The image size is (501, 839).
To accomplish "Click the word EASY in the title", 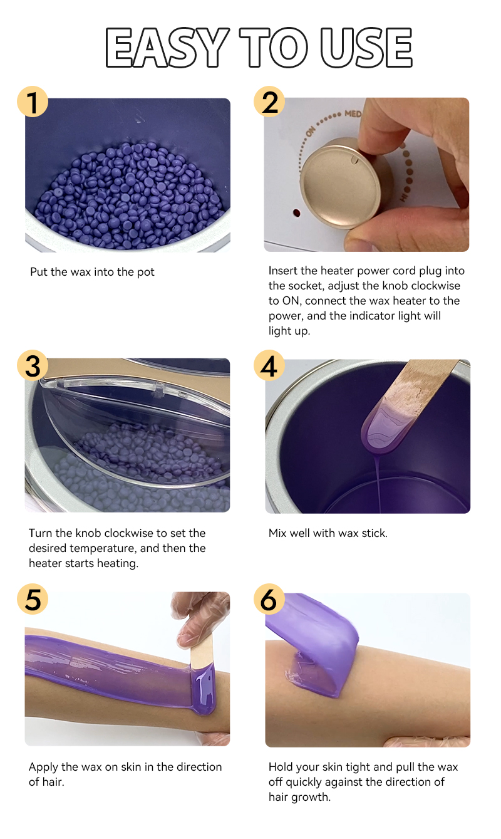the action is pyautogui.click(x=167, y=48).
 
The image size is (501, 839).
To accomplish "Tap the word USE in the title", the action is pyautogui.click(x=366, y=48).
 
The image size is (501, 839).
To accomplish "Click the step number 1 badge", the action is pyautogui.click(x=33, y=102).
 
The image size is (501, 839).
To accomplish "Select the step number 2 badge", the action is pyautogui.click(x=269, y=102).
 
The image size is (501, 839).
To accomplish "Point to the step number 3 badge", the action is pyautogui.click(x=33, y=365).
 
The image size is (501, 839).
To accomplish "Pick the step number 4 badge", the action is pyautogui.click(x=269, y=365).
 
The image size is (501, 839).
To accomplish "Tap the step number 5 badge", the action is pyautogui.click(x=33, y=599).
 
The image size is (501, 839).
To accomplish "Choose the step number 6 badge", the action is pyautogui.click(x=269, y=599).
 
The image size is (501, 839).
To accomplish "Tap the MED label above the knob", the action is pyautogui.click(x=353, y=113).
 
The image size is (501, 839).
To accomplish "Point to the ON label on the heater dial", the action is pyautogui.click(x=311, y=132).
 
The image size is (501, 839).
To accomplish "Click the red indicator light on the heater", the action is pyautogui.click(x=296, y=213).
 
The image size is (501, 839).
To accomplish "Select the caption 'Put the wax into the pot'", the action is pyautogui.click(x=92, y=272).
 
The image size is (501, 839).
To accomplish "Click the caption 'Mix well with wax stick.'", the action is pyautogui.click(x=328, y=533).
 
